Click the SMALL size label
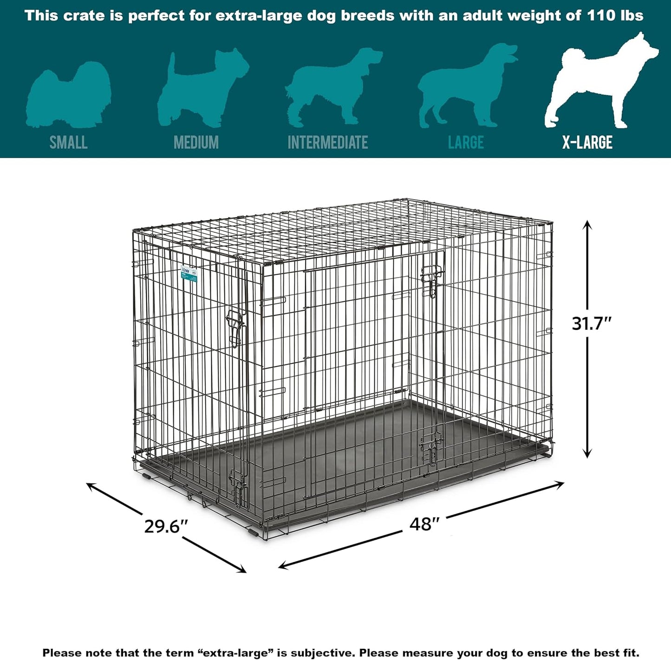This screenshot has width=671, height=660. (x=68, y=142)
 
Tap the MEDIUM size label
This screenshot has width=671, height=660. (x=196, y=142)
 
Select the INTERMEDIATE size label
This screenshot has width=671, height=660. (x=327, y=142)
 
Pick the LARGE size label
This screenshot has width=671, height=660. (x=466, y=142)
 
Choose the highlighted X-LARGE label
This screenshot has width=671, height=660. (x=587, y=142)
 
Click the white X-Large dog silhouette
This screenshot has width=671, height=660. (x=599, y=84)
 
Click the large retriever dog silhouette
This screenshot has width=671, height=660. (x=464, y=88)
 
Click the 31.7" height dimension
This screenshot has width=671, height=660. (x=592, y=324)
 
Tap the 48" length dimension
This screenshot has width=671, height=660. (x=424, y=524)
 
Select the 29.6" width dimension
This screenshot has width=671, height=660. (x=166, y=526)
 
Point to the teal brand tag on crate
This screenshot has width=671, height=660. (x=189, y=274)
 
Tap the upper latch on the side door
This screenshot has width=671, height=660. (x=430, y=281)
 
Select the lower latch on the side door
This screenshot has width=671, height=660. (x=431, y=449)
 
